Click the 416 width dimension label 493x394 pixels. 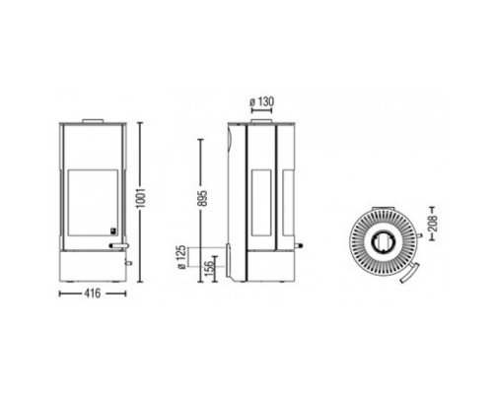pos(93,294)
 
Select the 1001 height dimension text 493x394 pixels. pos(141,198)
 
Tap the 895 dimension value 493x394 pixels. pos(203,198)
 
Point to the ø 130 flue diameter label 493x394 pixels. pos(262,101)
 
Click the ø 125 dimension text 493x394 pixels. pos(182,257)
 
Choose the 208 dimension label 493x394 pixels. pos(433,224)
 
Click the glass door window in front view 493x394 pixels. pos(93,203)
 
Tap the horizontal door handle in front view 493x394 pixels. pos(119,245)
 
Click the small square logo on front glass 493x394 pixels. pos(113,230)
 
